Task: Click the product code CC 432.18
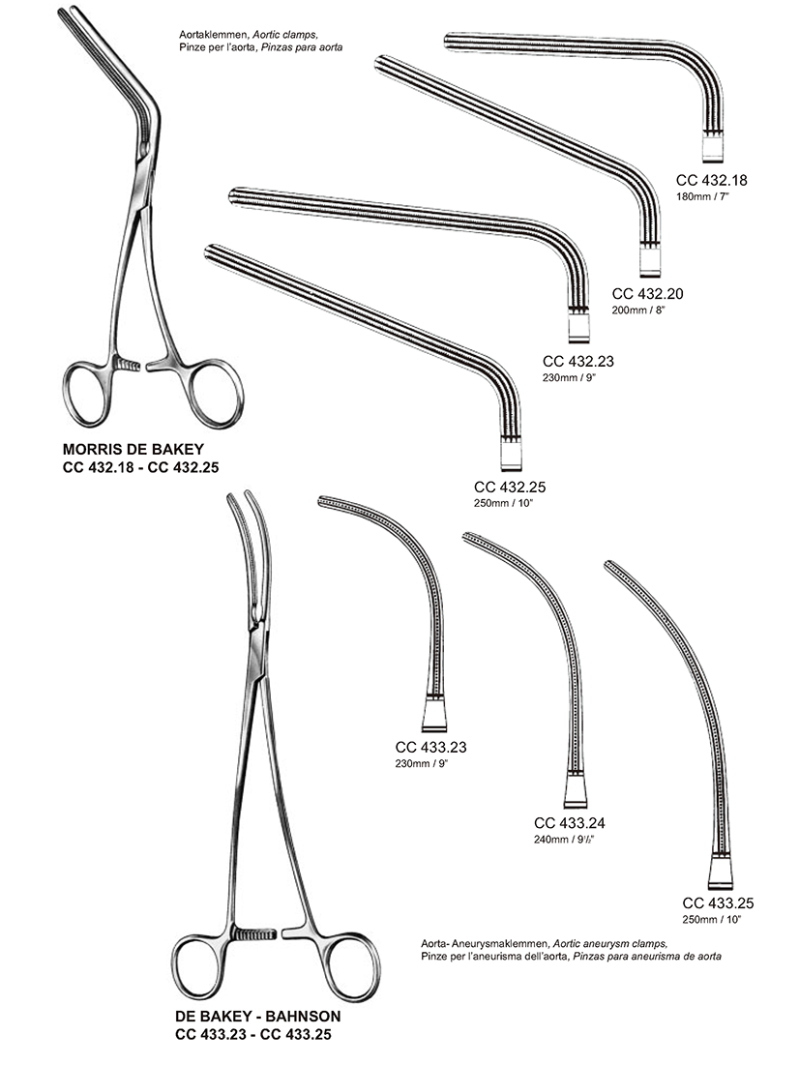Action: tap(712, 179)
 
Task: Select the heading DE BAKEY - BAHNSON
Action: tap(257, 1018)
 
